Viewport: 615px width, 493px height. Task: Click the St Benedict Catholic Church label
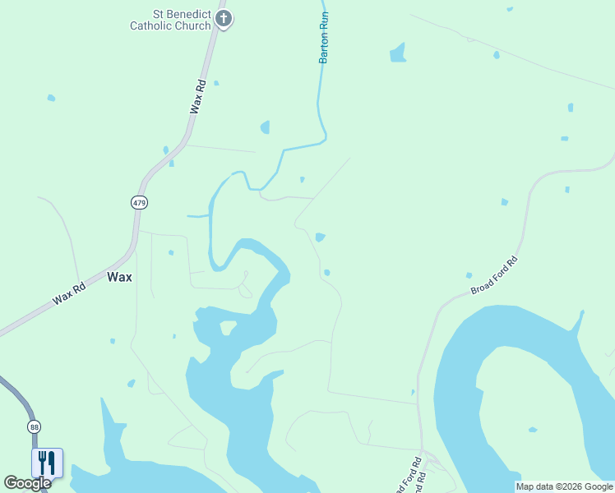171,20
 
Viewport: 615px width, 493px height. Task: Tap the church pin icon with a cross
224,19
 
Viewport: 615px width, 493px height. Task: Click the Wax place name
119,277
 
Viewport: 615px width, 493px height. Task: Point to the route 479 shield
139,202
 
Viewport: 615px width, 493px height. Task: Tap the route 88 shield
34,426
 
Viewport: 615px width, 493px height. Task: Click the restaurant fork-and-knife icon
47,463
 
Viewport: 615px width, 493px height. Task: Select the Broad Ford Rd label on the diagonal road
494,277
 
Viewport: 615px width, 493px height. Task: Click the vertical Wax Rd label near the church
197,96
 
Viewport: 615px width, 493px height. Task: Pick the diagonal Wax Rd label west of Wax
69,295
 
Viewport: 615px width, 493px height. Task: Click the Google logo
27,483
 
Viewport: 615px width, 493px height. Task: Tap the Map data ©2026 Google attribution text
564,486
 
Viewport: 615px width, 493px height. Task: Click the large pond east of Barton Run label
398,53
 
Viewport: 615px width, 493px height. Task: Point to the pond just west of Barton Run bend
265,127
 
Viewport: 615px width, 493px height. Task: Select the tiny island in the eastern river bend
533,429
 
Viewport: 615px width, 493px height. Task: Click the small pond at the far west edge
51,98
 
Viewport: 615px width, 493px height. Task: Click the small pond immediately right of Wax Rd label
216,83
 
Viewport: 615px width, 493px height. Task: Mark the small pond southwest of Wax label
131,383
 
